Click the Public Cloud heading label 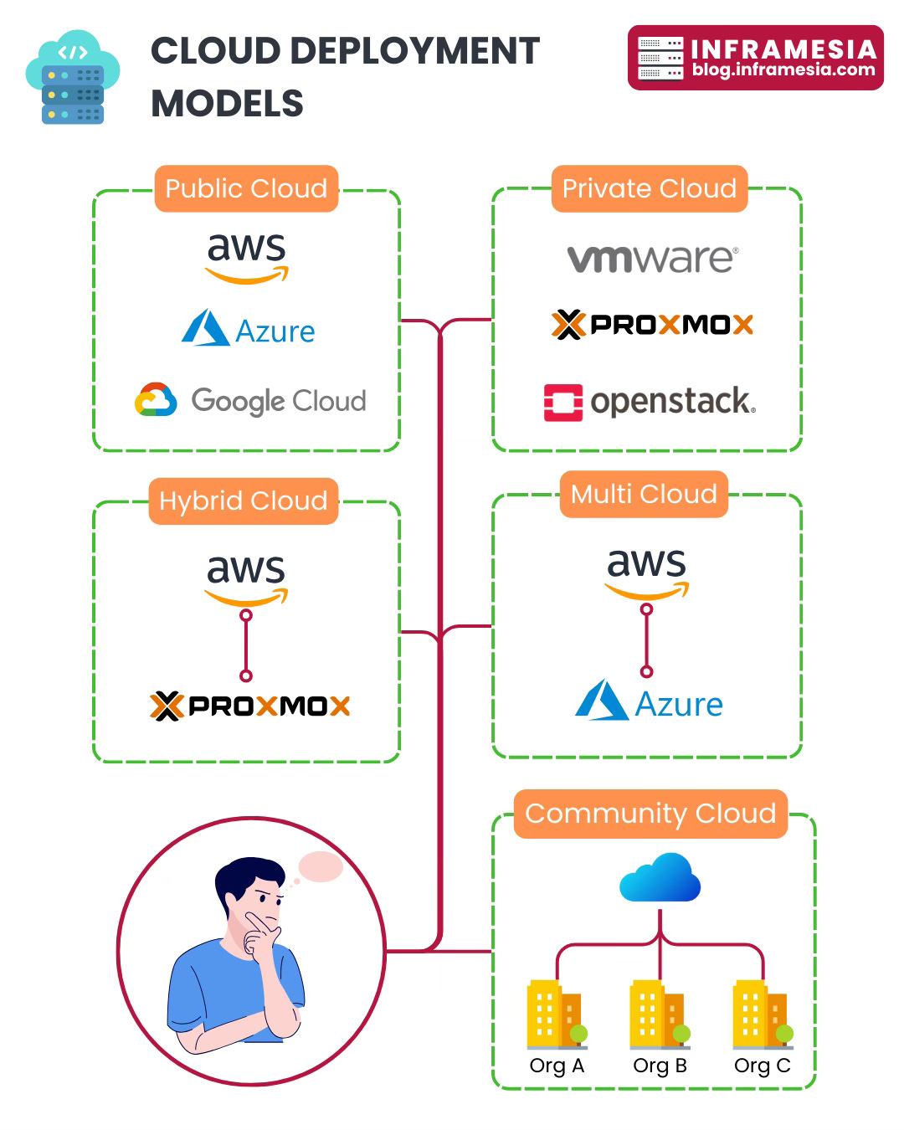click(246, 188)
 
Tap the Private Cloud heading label click(649, 188)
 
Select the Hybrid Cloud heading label click(243, 501)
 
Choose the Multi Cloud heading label click(644, 494)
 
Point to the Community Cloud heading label click(650, 814)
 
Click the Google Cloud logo click(250, 401)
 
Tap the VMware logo click(653, 258)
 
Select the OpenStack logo click(650, 402)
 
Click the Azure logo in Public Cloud click(249, 329)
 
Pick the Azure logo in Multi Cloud click(649, 701)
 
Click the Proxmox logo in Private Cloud click(652, 324)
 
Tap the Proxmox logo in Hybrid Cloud click(249, 706)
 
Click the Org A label click(557, 1066)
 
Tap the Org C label click(762, 1066)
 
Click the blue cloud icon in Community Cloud click(660, 878)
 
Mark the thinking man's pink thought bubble click(321, 867)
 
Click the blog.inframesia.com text click(783, 70)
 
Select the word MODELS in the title click(227, 104)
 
